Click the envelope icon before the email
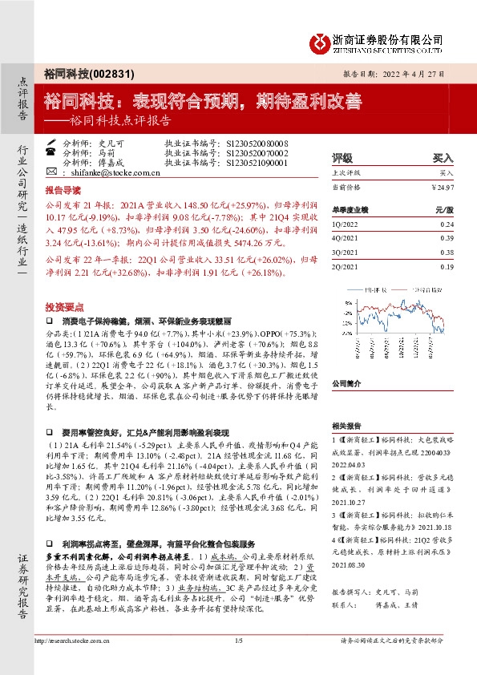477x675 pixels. [51, 172]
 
